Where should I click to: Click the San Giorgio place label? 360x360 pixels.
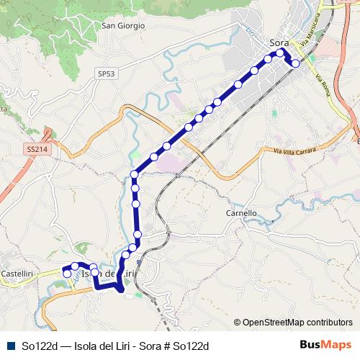[x=123, y=25]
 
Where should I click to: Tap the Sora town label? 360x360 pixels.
[x=278, y=42]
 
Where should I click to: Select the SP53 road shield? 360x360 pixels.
[x=106, y=73]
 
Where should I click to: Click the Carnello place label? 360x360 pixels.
[x=241, y=213]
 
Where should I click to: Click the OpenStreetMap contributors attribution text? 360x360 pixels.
[x=297, y=323]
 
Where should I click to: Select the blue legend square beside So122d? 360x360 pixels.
[x=9, y=346]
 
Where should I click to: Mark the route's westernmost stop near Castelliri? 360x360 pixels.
[x=67, y=274]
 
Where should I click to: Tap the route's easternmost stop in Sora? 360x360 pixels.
[x=295, y=63]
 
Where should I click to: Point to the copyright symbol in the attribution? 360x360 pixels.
[x=238, y=323]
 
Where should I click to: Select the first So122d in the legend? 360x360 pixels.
[x=39, y=346]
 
